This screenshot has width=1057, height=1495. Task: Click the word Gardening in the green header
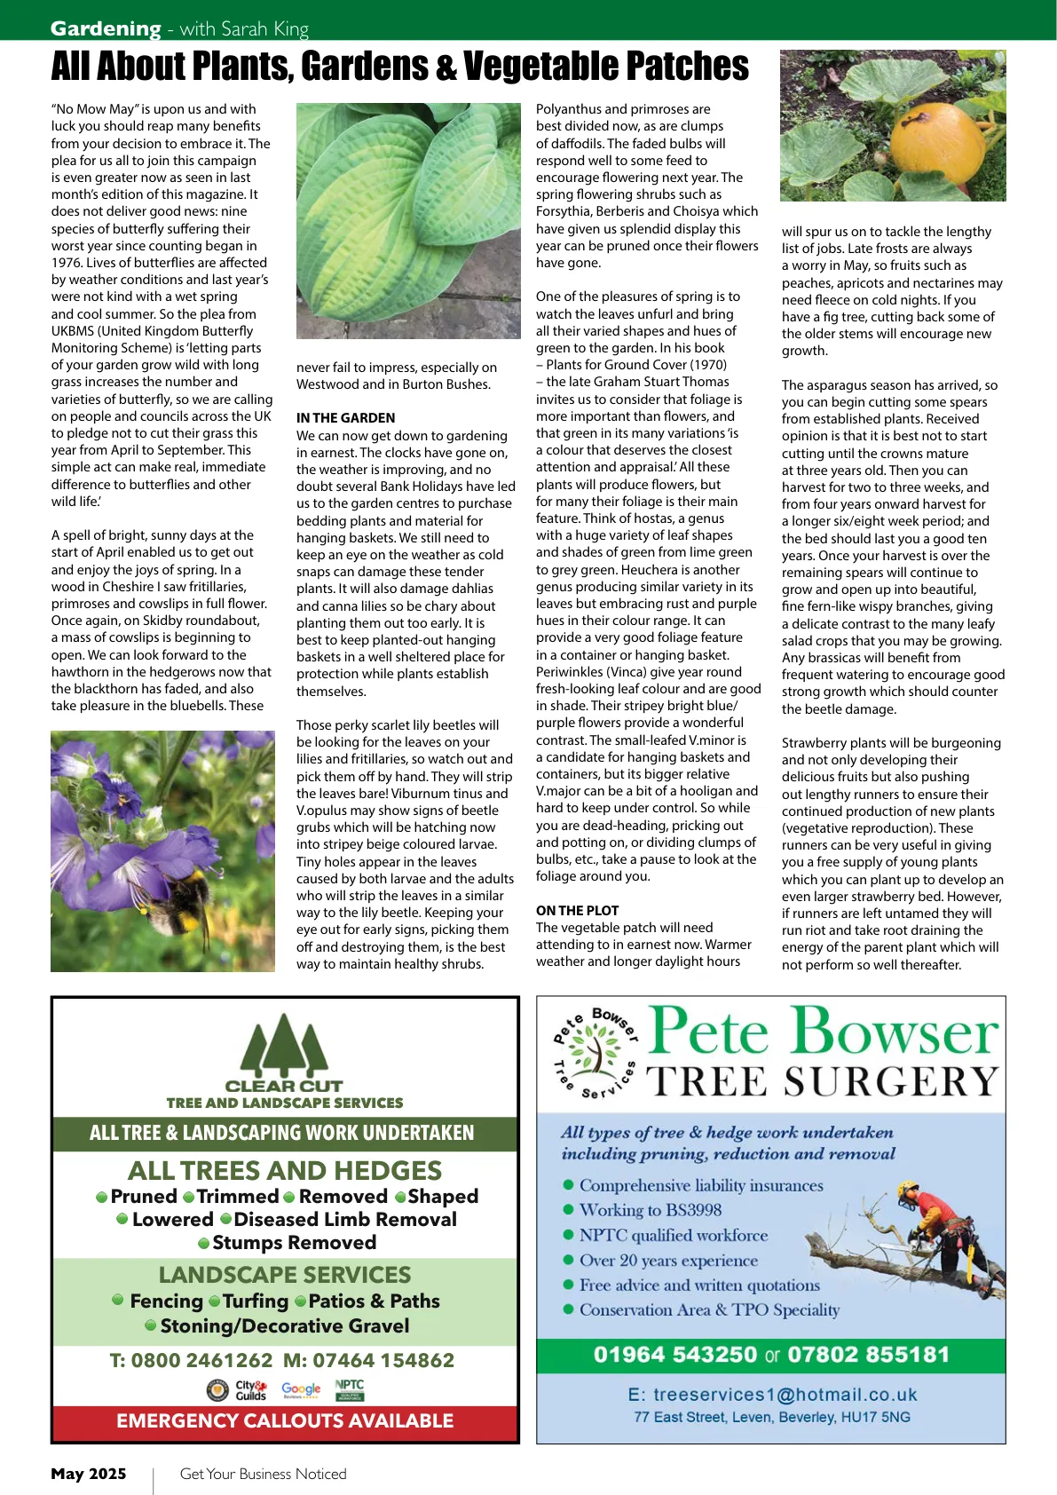point(105,28)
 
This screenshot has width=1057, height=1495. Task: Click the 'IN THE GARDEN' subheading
point(345,418)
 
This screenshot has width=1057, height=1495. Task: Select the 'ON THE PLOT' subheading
point(577,911)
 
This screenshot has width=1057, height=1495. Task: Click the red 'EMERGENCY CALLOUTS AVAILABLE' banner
point(285,1420)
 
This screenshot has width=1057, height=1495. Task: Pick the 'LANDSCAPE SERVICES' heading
point(285,1275)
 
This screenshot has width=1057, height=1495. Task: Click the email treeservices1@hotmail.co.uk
point(772,1395)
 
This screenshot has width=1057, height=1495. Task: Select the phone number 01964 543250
point(675,1355)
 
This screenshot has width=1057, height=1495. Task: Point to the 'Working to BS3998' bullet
point(650,1210)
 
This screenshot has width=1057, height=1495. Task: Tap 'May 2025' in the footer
point(89,1474)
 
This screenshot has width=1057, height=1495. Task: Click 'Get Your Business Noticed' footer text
point(263,1474)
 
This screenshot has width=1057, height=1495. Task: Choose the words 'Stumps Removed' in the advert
point(294,1243)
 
